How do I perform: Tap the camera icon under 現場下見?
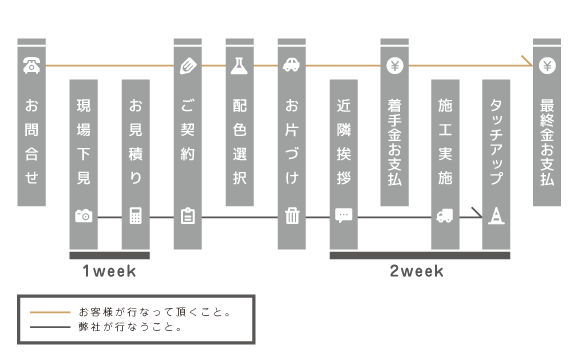click(x=83, y=215)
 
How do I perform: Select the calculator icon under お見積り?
click(x=135, y=215)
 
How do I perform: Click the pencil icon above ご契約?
click(x=187, y=67)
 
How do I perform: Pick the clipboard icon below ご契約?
click(x=187, y=215)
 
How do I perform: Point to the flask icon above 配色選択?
click(x=239, y=67)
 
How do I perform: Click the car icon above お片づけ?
click(x=291, y=67)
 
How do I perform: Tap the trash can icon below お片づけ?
click(x=291, y=215)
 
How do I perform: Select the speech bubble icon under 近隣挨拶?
click(x=343, y=215)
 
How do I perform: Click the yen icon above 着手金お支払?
click(x=395, y=67)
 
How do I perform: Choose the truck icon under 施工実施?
click(x=445, y=215)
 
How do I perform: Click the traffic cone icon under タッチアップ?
click(x=496, y=215)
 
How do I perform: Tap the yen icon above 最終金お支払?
click(x=547, y=67)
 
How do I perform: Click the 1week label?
click(x=109, y=270)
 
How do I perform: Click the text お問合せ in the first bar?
click(x=31, y=140)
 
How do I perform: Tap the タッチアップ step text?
click(x=496, y=141)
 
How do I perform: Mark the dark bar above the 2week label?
click(x=419, y=255)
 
